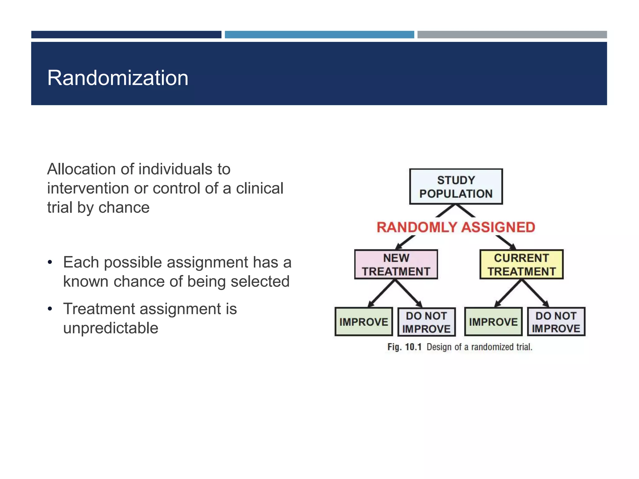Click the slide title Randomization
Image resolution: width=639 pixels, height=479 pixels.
(x=118, y=78)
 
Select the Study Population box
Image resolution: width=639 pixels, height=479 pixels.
(x=456, y=186)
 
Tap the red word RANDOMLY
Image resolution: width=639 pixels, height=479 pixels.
(x=417, y=227)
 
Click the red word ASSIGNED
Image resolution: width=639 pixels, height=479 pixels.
(x=498, y=227)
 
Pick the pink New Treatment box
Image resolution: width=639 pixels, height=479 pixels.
(x=396, y=264)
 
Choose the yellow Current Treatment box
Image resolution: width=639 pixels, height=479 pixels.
(x=521, y=264)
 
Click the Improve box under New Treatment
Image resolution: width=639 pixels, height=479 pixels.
(x=363, y=322)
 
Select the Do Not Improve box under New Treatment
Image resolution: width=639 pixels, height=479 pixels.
(x=427, y=322)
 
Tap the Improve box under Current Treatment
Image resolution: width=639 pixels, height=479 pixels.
(x=493, y=322)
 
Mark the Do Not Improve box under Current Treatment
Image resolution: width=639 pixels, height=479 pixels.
(x=556, y=322)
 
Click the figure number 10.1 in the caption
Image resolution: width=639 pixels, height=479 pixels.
(x=413, y=347)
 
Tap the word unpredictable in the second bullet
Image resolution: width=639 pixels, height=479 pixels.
(x=110, y=328)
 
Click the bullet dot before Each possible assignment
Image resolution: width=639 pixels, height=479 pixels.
(x=50, y=262)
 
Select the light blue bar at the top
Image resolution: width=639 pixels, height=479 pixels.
(x=319, y=35)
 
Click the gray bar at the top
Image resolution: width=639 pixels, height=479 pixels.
(x=512, y=35)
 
